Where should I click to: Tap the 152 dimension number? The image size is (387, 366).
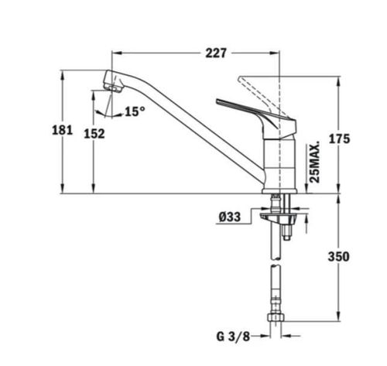click(x=94, y=133)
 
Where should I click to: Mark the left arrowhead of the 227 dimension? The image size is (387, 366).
click(x=116, y=53)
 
